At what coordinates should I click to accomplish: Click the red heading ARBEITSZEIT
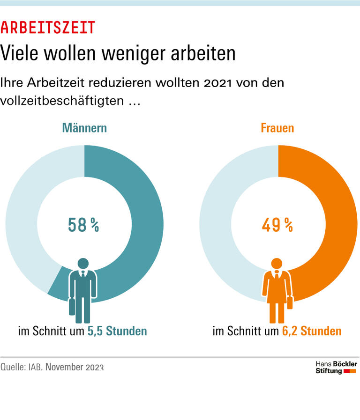[x=47, y=28]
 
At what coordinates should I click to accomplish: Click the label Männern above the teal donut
[x=84, y=128]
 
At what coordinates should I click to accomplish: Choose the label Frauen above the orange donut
[x=278, y=128]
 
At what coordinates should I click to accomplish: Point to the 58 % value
[x=84, y=225]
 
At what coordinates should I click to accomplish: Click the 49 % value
[x=278, y=225]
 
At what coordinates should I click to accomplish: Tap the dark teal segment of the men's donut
[x=145, y=225]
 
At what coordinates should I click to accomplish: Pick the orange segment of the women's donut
[x=340, y=225]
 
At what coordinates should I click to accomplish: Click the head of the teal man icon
[x=83, y=264]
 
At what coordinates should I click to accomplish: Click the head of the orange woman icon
[x=277, y=264]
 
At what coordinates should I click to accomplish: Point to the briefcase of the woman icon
[x=290, y=302]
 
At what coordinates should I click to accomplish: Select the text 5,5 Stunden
[x=117, y=332]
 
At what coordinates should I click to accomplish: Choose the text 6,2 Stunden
[x=311, y=332]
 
